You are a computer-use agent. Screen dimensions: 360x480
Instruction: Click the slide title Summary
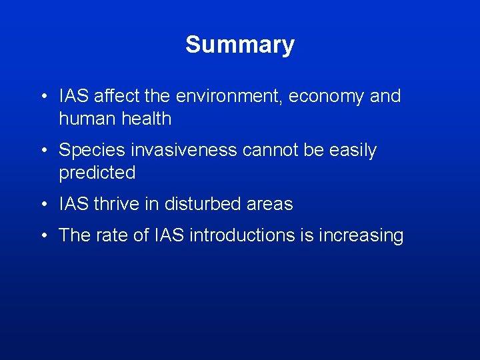[x=240, y=45]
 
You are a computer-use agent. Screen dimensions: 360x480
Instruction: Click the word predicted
[x=97, y=173]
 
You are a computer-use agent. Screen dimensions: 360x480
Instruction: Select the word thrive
[x=116, y=204]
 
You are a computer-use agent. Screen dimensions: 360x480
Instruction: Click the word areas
[x=270, y=204]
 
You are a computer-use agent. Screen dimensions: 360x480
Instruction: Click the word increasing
[x=363, y=235]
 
